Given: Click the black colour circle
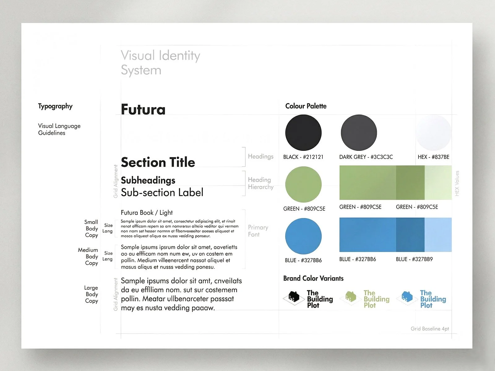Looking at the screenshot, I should point(303,133).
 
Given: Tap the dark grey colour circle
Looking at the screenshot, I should point(359,133).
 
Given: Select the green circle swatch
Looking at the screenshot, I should point(303,185).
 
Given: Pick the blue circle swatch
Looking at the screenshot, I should point(303,236).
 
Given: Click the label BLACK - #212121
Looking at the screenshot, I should point(303,157).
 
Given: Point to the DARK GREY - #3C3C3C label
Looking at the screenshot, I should point(366,157).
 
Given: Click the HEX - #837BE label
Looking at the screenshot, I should point(433,157).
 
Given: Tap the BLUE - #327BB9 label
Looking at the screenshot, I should point(414,259).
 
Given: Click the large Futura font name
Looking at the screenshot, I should point(143,109).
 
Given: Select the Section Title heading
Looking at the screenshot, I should point(158,162).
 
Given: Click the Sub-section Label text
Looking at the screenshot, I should point(162,193).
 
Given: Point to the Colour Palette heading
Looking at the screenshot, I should point(306,106).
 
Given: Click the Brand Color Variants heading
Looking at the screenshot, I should point(313,278).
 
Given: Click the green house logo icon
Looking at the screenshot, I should point(351,297).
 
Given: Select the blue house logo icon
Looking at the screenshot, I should point(407,297).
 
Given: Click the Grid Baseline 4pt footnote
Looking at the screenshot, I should point(429,329).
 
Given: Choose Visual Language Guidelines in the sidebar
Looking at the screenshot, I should point(59,129).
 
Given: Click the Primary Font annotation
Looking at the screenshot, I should point(258,231).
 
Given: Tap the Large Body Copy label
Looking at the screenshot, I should point(91,294).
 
